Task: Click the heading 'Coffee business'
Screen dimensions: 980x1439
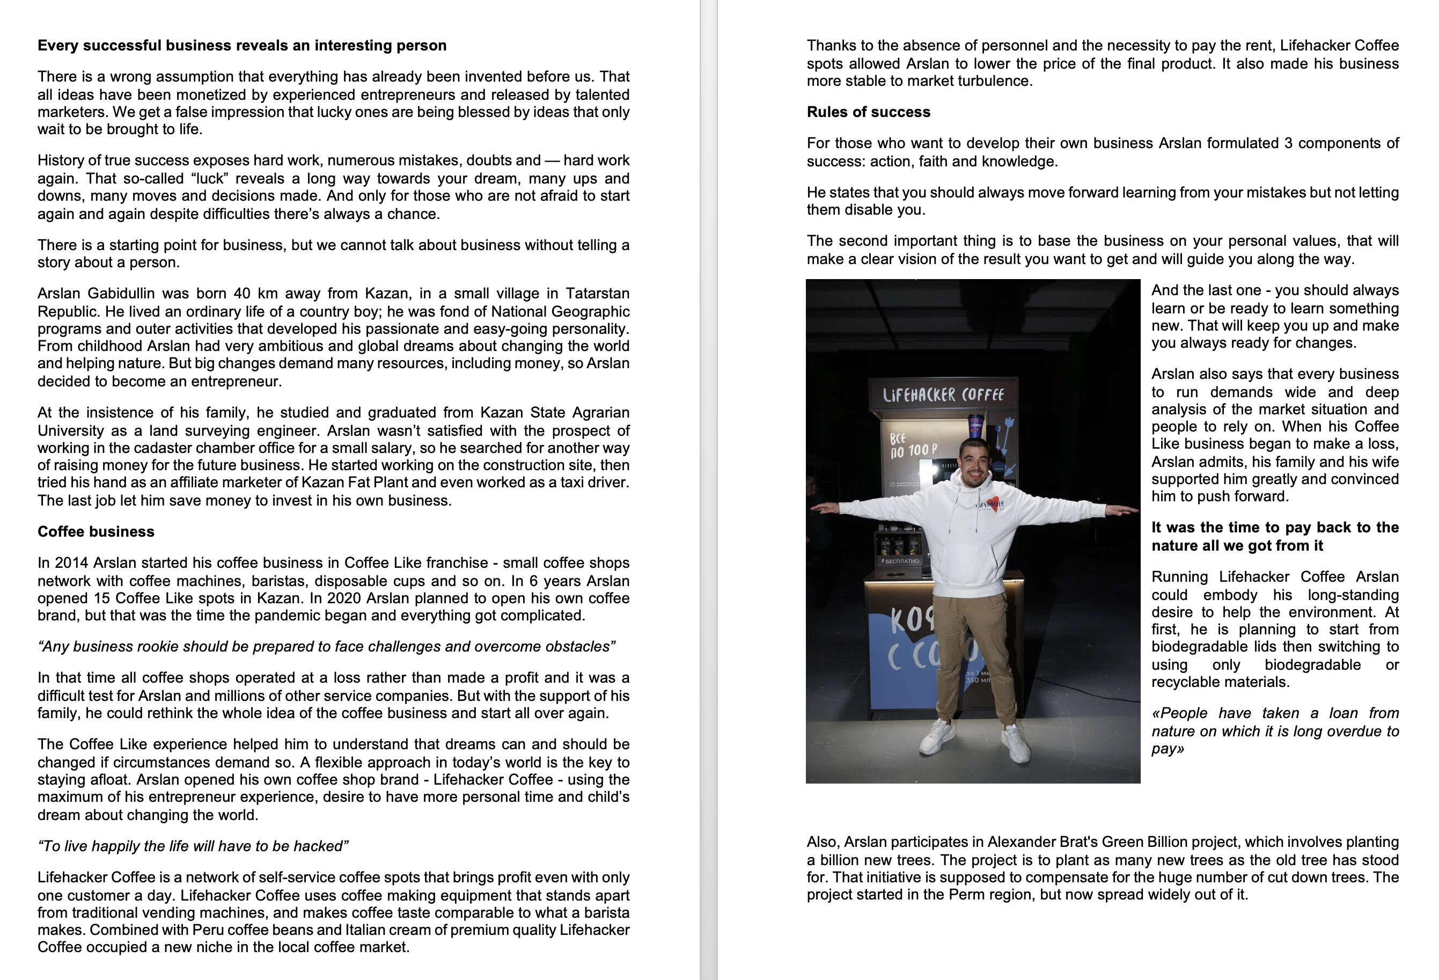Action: [96, 531]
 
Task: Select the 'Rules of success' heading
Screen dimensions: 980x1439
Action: [868, 112]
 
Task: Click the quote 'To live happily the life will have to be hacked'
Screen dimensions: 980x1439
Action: [193, 846]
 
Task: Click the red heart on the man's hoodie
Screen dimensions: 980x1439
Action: [992, 503]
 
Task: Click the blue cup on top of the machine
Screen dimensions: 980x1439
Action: [976, 425]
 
